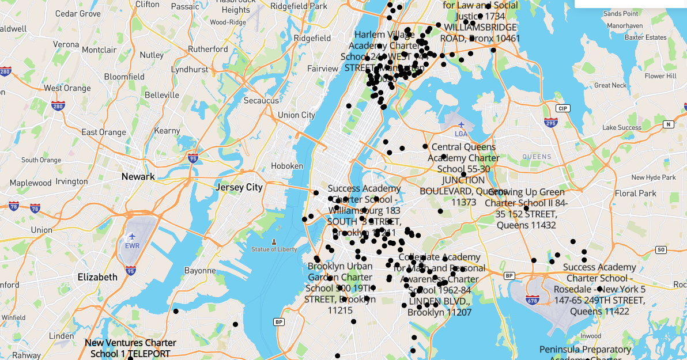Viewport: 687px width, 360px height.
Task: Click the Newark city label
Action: pos(138,176)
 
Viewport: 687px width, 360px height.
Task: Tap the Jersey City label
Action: pos(239,187)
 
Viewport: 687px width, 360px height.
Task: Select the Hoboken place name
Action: pos(286,166)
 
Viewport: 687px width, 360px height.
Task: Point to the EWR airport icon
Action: pos(133,236)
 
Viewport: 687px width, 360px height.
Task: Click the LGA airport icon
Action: pos(461,125)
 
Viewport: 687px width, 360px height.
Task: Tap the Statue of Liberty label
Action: pos(274,249)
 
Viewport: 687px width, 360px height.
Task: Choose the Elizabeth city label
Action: pos(97,276)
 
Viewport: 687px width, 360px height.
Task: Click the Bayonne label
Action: pos(200,270)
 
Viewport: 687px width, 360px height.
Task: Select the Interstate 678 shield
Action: pos(533,300)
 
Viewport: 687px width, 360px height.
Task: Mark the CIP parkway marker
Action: pos(563,108)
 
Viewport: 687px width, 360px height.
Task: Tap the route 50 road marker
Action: pos(661,249)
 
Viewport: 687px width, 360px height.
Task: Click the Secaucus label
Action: pos(261,100)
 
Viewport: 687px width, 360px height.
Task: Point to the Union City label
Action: pos(296,115)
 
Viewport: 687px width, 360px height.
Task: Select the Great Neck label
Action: pos(610,85)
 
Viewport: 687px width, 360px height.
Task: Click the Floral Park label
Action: pos(636,193)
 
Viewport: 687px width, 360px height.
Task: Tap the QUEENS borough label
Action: pos(537,156)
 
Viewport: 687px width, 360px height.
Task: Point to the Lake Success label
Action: pos(622,127)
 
